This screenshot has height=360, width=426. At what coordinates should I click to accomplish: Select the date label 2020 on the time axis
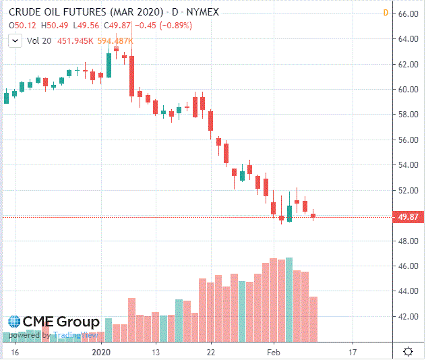pyautogui.click(x=100, y=352)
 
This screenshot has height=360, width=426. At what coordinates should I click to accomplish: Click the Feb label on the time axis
pyautogui.click(x=274, y=352)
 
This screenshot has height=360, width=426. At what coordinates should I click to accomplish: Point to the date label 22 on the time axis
pyautogui.click(x=211, y=352)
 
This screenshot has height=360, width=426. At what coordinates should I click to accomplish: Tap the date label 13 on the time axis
pyautogui.click(x=156, y=352)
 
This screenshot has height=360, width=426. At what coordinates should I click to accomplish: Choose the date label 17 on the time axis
pyautogui.click(x=353, y=352)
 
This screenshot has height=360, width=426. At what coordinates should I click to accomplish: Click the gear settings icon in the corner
pyautogui.click(x=408, y=352)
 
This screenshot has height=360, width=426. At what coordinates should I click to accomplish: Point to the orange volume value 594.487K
pyautogui.click(x=115, y=40)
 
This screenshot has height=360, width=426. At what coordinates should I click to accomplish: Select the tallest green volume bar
pyautogui.click(x=289, y=299)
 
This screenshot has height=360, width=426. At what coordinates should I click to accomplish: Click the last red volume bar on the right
pyautogui.click(x=313, y=318)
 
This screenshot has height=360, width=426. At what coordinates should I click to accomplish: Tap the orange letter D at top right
pyautogui.click(x=385, y=13)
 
